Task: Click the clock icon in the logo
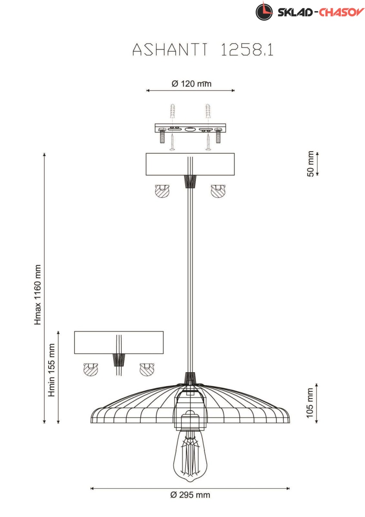click(x=264, y=12)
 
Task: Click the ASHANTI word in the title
click(x=170, y=50)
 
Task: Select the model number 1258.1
click(x=247, y=50)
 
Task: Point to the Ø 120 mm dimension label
click(x=192, y=84)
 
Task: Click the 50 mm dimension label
click(x=310, y=164)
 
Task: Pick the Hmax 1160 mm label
click(x=37, y=295)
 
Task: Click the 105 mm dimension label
click(x=309, y=403)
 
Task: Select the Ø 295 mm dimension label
click(x=190, y=495)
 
